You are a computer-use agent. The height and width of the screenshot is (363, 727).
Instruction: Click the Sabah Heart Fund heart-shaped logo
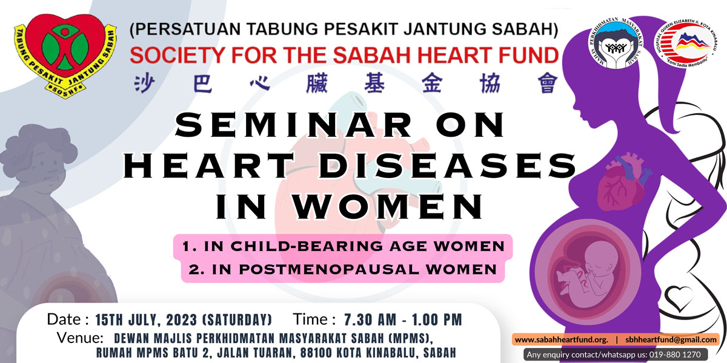65,56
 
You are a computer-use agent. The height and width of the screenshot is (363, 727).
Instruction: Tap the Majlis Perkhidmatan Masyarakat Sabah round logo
616,44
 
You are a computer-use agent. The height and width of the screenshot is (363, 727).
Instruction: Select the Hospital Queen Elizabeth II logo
686,44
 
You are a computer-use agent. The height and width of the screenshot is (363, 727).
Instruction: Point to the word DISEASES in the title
448,166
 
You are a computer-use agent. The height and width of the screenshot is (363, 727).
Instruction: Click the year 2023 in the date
182,320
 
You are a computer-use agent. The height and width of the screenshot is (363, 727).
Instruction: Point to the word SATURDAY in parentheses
237,320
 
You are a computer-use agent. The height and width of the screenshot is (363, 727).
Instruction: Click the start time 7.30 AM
370,320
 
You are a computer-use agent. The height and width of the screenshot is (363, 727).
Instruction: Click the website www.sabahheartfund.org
562,339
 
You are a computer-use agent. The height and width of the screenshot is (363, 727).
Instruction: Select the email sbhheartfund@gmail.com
671,339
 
